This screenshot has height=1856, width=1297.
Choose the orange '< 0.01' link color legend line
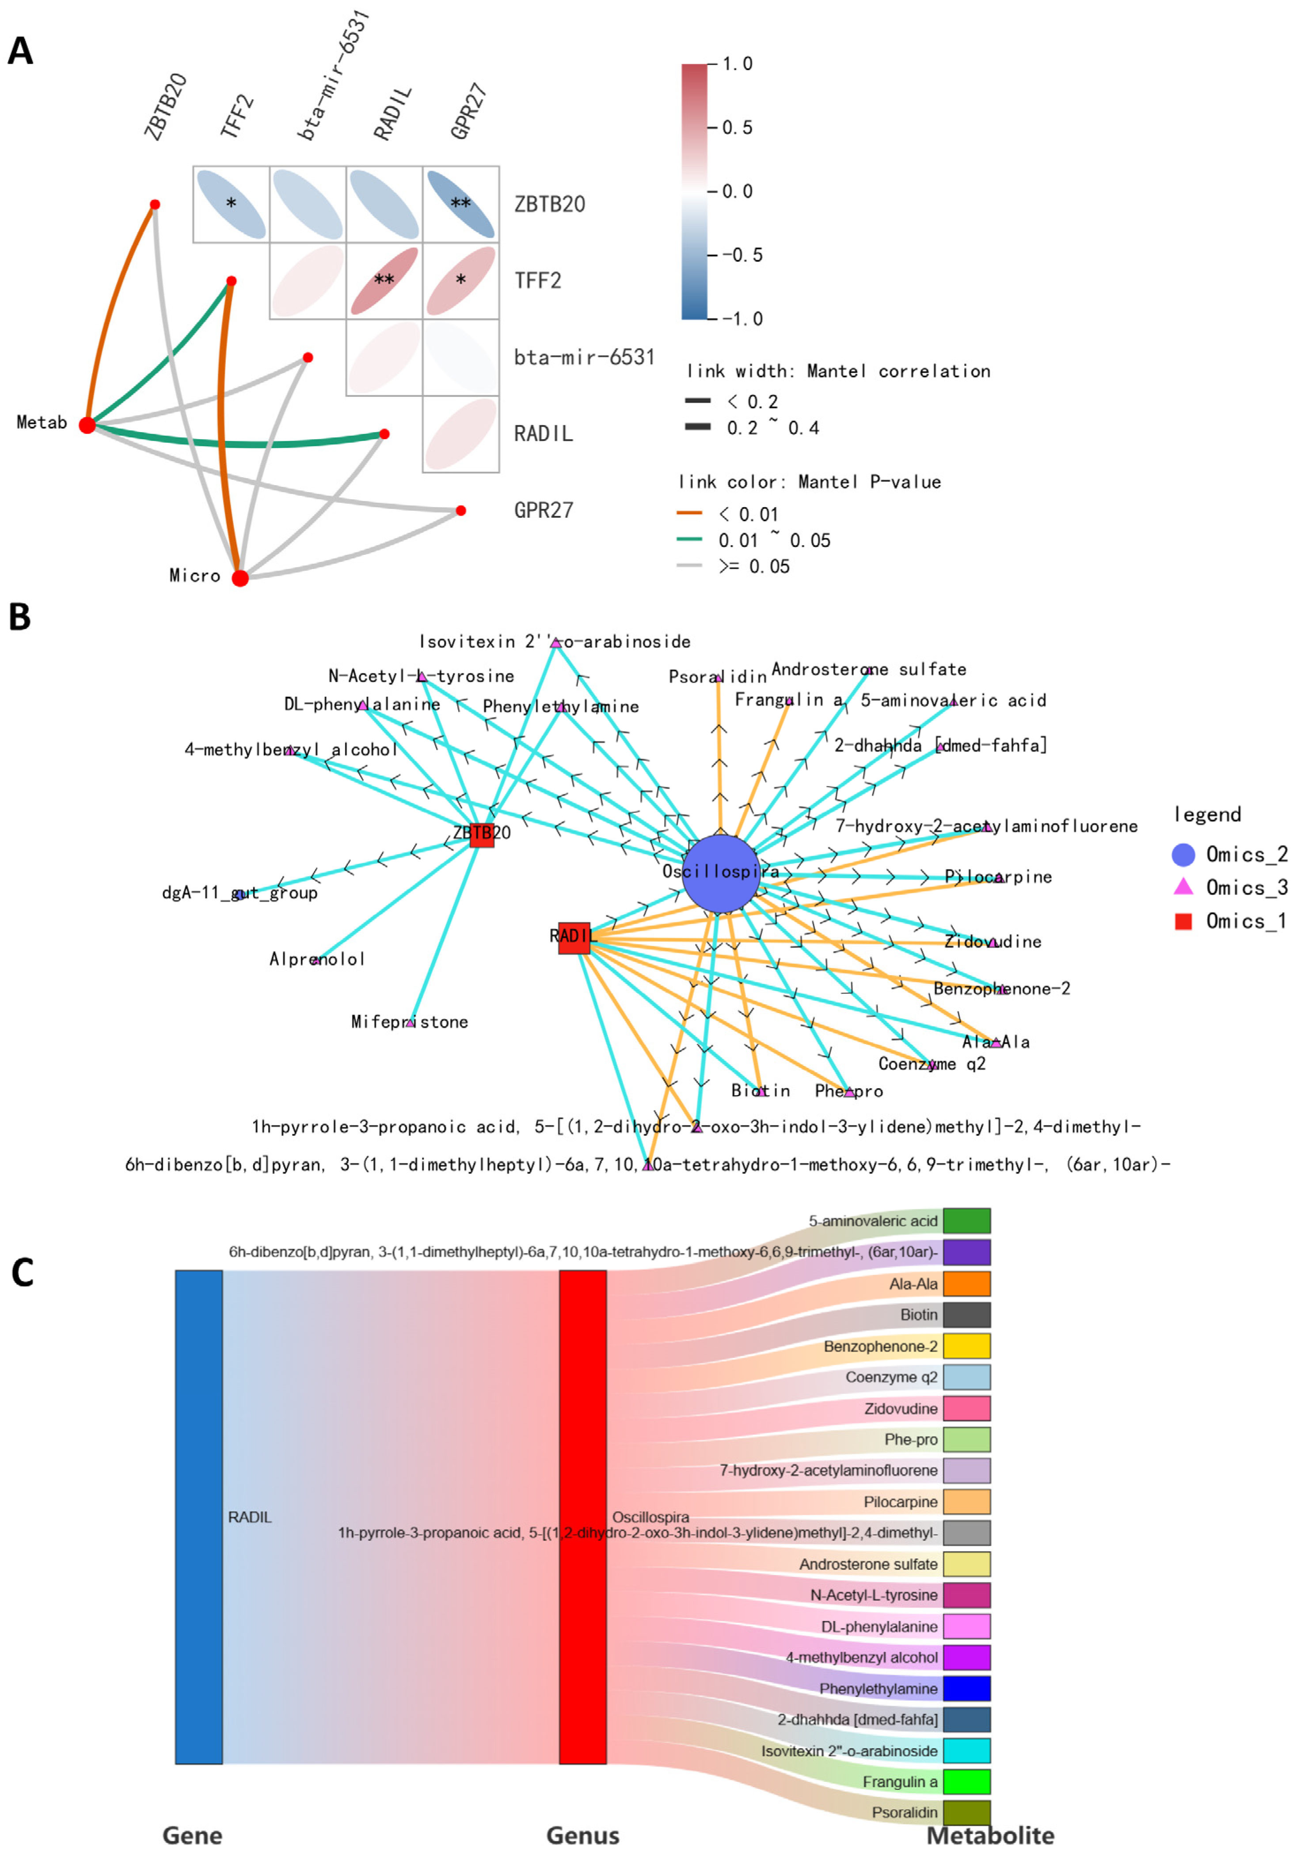click(x=689, y=512)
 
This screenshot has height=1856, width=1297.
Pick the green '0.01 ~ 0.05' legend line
click(x=689, y=539)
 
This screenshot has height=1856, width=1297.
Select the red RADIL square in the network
click(x=574, y=937)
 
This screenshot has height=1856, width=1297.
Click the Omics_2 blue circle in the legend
click(x=1183, y=854)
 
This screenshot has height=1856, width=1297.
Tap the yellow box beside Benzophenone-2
click(x=966, y=1346)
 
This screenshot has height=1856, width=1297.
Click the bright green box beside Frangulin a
click(x=966, y=1782)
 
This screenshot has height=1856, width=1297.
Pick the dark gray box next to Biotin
click(x=966, y=1314)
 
